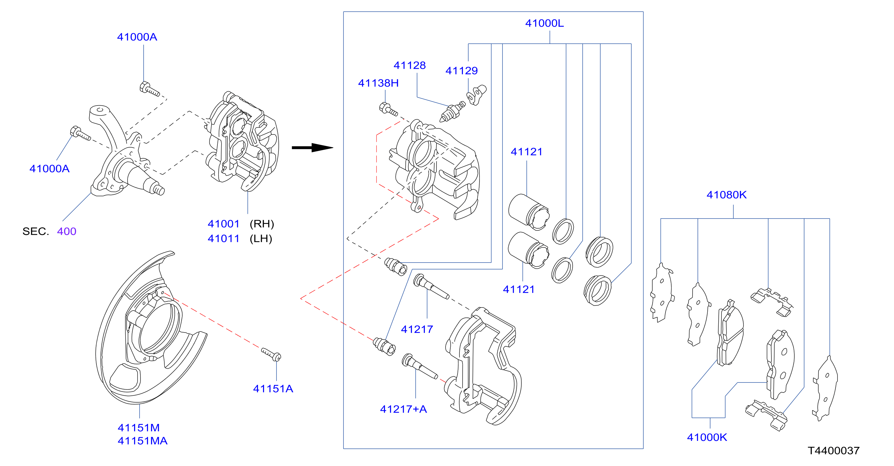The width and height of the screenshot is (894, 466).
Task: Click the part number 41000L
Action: coord(544,23)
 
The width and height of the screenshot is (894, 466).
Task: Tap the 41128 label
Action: coord(409,65)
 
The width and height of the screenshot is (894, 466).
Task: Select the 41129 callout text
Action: coord(462,71)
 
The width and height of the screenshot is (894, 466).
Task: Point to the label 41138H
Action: coord(378,83)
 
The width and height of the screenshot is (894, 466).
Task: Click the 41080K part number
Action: coord(727,195)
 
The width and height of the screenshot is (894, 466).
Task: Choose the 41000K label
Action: coord(707,437)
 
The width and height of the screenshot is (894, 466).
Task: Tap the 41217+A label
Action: coord(403,409)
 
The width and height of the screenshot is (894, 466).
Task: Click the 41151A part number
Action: coord(273,389)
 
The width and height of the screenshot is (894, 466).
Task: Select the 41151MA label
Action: coord(143,441)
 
